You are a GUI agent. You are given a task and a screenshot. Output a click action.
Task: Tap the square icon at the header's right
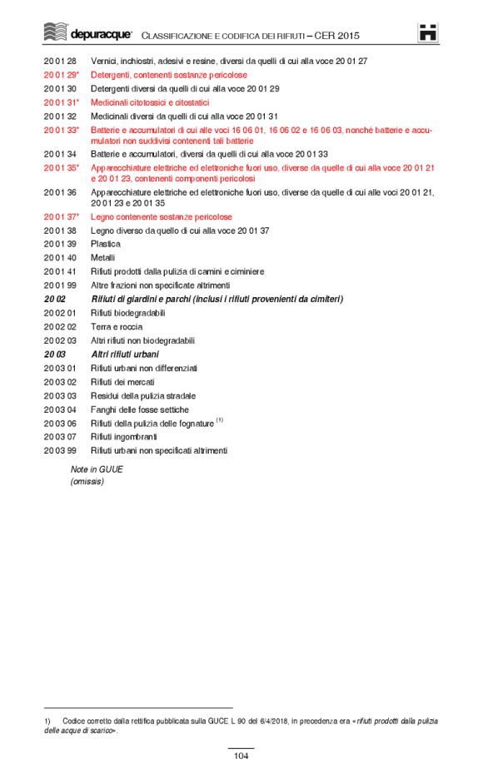(x=428, y=32)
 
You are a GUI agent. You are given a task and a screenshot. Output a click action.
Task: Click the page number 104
(x=242, y=756)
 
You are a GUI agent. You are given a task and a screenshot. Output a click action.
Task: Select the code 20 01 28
(x=60, y=62)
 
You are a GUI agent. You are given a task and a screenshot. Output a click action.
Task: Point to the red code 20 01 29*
(x=62, y=75)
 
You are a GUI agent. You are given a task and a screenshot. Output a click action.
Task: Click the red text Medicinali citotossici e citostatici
(x=150, y=102)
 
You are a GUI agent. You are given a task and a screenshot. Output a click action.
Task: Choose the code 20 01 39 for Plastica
(x=60, y=244)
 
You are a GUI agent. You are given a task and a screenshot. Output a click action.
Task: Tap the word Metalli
(x=103, y=258)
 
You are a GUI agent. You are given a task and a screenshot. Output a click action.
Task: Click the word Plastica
(x=106, y=244)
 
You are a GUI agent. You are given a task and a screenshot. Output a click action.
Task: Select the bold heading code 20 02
(x=55, y=299)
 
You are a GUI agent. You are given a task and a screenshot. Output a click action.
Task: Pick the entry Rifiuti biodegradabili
(x=127, y=313)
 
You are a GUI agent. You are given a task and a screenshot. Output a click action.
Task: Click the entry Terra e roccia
(x=117, y=327)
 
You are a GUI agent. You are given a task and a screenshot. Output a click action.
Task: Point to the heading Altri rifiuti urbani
(x=125, y=355)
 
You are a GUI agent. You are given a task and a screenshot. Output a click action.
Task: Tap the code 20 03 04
(x=60, y=409)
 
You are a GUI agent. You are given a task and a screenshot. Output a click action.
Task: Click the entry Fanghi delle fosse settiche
(x=140, y=409)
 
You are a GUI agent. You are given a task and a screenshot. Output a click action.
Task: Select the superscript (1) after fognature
(x=220, y=420)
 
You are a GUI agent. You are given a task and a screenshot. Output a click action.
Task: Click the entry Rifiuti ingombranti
(x=123, y=437)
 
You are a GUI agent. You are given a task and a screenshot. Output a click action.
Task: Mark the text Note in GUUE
(x=97, y=469)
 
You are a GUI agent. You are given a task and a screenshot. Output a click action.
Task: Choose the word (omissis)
(x=87, y=481)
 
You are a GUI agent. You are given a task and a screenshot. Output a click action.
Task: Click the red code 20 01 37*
(x=62, y=216)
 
